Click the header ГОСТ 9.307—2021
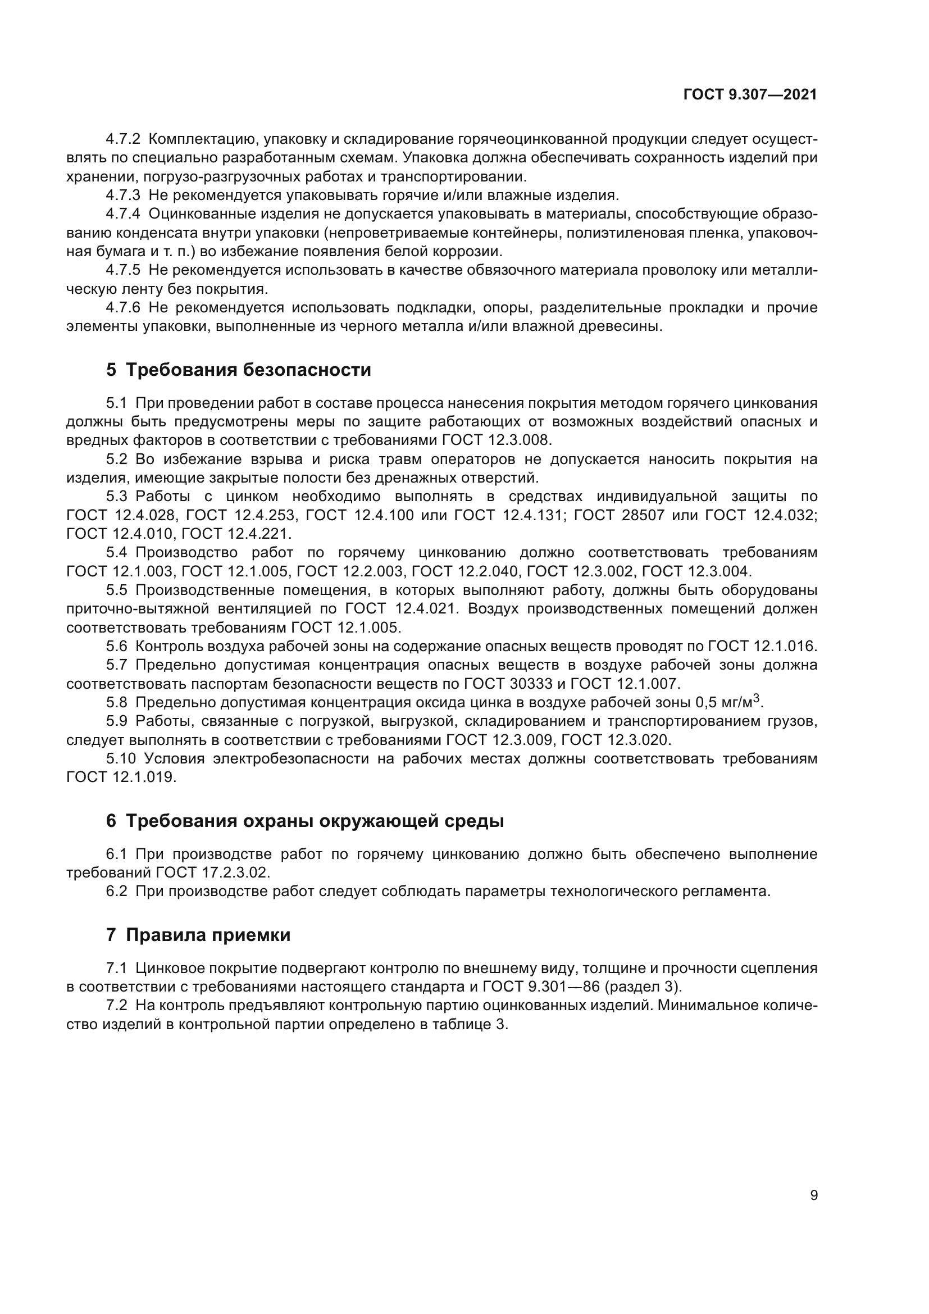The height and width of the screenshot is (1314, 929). click(750, 95)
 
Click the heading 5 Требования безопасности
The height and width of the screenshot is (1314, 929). click(238, 370)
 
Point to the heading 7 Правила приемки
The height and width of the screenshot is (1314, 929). click(198, 935)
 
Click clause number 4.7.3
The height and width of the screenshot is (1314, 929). click(122, 195)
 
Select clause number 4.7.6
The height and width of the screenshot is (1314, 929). click(122, 308)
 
